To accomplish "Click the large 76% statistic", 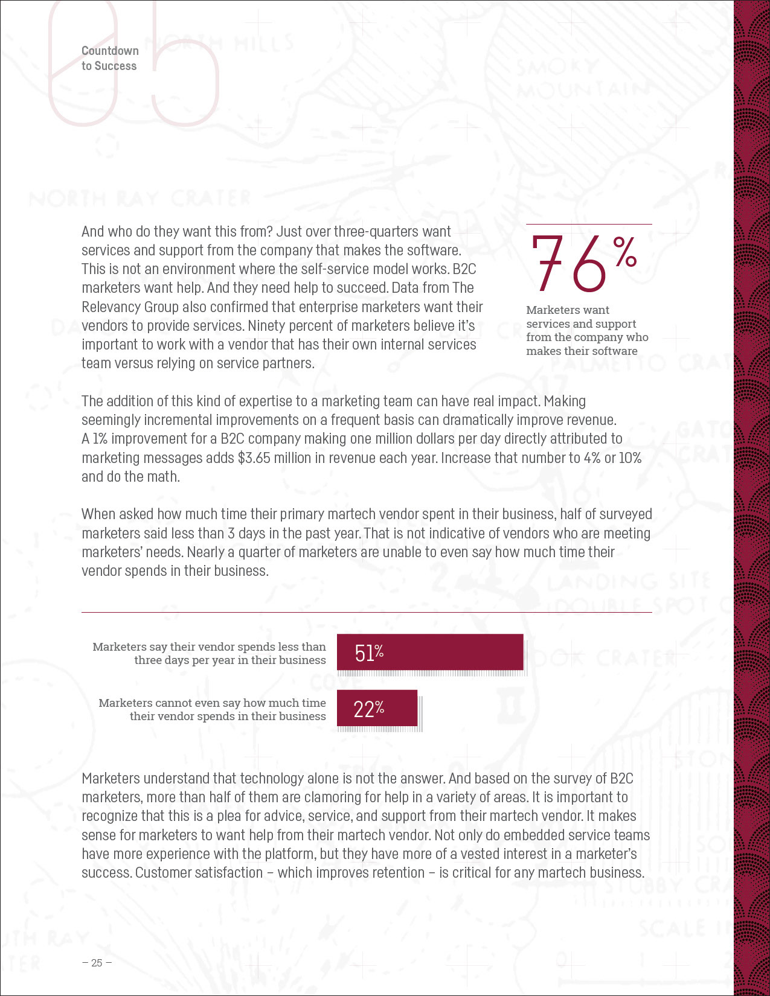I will (x=583, y=264).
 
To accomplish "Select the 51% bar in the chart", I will (x=429, y=652).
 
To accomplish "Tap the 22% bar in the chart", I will (x=377, y=708).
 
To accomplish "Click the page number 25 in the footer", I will (x=97, y=963).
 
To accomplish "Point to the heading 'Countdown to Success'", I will (x=110, y=59).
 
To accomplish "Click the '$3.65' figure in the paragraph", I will (x=254, y=458).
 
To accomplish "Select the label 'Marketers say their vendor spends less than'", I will (x=209, y=646).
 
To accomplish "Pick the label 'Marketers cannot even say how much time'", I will (x=212, y=703).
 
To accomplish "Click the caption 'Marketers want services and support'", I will (x=581, y=317).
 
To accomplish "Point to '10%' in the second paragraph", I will (x=630, y=458).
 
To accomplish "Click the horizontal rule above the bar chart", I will (x=367, y=613).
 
